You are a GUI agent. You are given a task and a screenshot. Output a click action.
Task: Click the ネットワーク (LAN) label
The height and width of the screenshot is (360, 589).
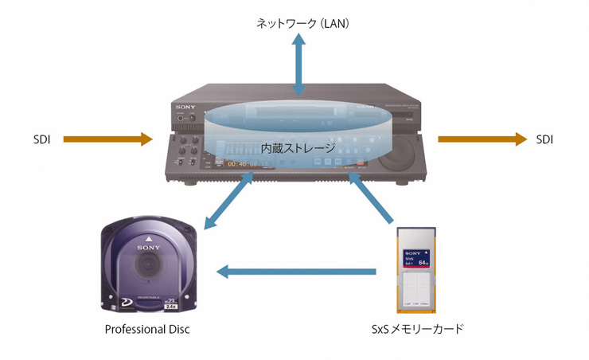pyautogui.click(x=302, y=24)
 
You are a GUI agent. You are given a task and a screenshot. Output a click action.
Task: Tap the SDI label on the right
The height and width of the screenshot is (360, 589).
pyautogui.click(x=544, y=140)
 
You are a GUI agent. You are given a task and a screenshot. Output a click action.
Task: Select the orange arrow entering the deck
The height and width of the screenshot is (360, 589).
pyautogui.click(x=107, y=140)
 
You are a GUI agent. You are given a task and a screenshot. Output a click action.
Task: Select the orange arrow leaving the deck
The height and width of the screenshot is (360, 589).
pyautogui.click(x=482, y=140)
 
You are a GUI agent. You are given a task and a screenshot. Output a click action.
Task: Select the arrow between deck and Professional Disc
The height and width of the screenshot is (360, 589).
pyautogui.click(x=228, y=199)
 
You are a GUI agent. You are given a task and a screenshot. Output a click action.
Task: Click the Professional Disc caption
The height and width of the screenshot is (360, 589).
pyautogui.click(x=147, y=328)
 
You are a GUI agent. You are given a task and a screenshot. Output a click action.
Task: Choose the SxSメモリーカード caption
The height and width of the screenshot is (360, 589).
pyautogui.click(x=418, y=328)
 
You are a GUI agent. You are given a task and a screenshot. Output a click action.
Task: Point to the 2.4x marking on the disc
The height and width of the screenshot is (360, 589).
pyautogui.click(x=192, y=305)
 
